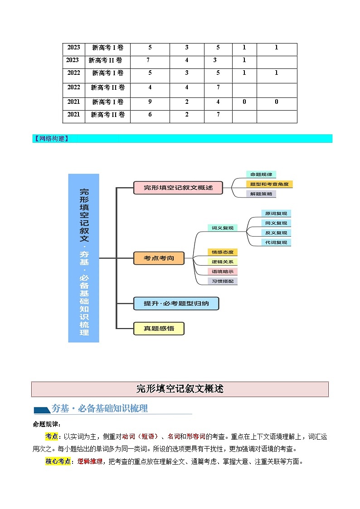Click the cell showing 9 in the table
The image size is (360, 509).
click(x=150, y=102)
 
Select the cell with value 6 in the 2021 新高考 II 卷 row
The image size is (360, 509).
click(x=150, y=115)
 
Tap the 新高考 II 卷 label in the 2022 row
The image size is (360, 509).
click(x=107, y=87)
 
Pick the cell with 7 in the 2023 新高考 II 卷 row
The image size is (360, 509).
click(x=148, y=60)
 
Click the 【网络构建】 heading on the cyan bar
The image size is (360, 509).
click(x=51, y=139)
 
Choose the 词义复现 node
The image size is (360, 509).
click(x=222, y=228)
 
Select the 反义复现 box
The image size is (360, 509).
click(x=276, y=233)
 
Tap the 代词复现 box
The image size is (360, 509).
click(x=276, y=242)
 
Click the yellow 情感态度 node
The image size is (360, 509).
click(x=222, y=252)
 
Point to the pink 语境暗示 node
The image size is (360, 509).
click(x=222, y=271)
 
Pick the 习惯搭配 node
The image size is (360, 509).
click(x=222, y=281)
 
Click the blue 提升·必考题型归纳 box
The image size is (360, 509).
click(x=176, y=303)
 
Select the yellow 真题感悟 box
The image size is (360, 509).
click(x=159, y=328)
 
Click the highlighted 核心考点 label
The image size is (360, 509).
click(x=58, y=462)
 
